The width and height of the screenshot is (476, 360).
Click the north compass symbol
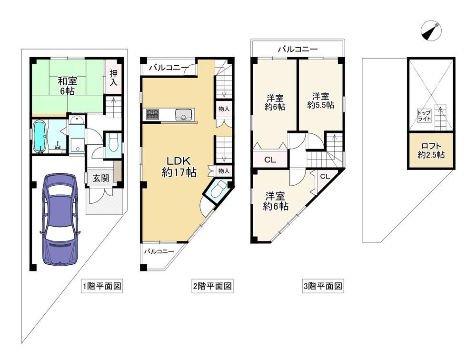431,31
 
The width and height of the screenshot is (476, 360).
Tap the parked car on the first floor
60,220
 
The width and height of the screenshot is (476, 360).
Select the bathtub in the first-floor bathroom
40,136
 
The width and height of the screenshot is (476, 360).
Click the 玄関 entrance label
100,178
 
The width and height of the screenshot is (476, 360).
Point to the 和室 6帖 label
68,86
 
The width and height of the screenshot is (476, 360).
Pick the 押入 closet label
113,78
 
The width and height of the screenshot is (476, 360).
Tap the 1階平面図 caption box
102,286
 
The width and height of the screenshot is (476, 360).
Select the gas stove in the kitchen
152,114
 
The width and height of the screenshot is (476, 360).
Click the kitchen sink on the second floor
183,115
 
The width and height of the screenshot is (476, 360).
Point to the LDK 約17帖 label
179,167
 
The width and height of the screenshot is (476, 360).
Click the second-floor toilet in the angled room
218,190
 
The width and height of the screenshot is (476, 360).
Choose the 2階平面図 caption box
212,286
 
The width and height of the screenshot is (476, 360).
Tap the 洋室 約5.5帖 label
321,101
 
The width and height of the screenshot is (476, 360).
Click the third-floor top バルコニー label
298,49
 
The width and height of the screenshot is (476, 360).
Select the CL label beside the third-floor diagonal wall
325,177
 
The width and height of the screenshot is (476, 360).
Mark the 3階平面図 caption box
323,286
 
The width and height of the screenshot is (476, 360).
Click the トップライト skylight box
424,115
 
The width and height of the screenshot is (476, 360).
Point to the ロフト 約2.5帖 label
431,150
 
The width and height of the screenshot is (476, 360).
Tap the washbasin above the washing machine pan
78,120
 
